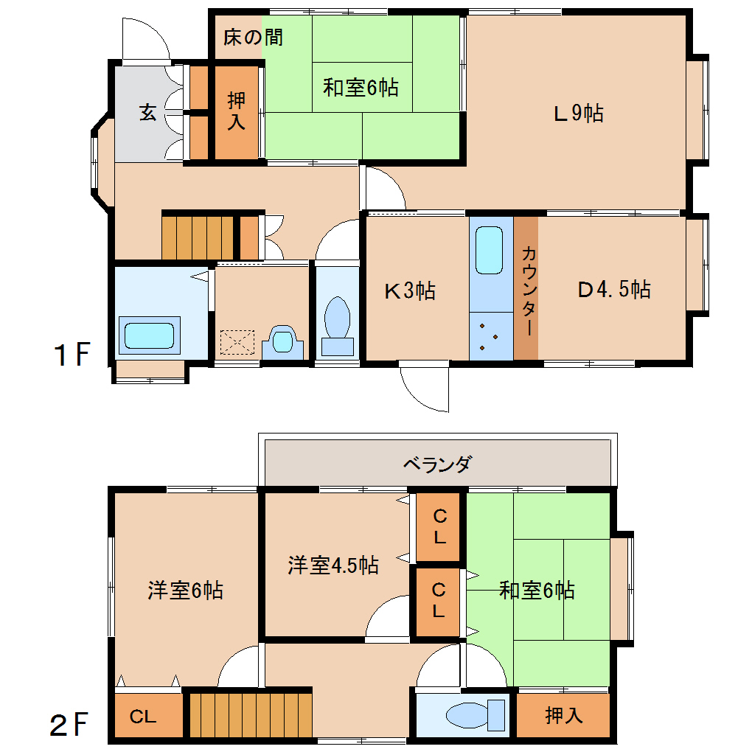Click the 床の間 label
(x=253, y=37)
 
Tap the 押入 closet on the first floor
(x=237, y=112)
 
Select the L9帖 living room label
(x=579, y=114)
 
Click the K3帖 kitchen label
(x=410, y=290)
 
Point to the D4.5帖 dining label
(x=614, y=289)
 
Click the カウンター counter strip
(x=526, y=288)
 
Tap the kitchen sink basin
(x=490, y=250)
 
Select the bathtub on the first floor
(x=149, y=335)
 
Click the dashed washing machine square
(x=237, y=342)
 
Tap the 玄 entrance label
(x=147, y=112)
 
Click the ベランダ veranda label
(x=437, y=464)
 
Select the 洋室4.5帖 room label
(x=333, y=565)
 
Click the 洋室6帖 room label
(x=185, y=590)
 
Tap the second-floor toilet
(x=476, y=716)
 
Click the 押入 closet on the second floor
(x=563, y=716)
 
